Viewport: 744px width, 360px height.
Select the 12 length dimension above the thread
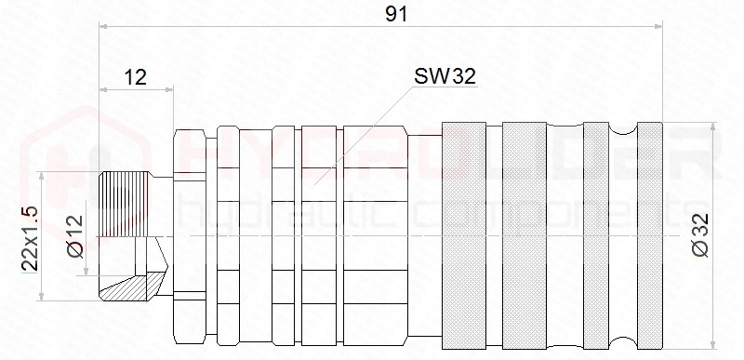[x=135, y=77]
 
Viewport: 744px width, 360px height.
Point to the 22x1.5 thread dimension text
[x=29, y=237]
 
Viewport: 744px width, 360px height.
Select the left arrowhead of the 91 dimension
[x=103, y=28]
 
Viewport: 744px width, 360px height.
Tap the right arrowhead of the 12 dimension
[x=169, y=90]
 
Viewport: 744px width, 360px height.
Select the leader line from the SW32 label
[x=363, y=130]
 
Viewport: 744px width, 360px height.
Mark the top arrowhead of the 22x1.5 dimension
[x=41, y=176]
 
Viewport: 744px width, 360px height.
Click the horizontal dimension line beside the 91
[x=232, y=28]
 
